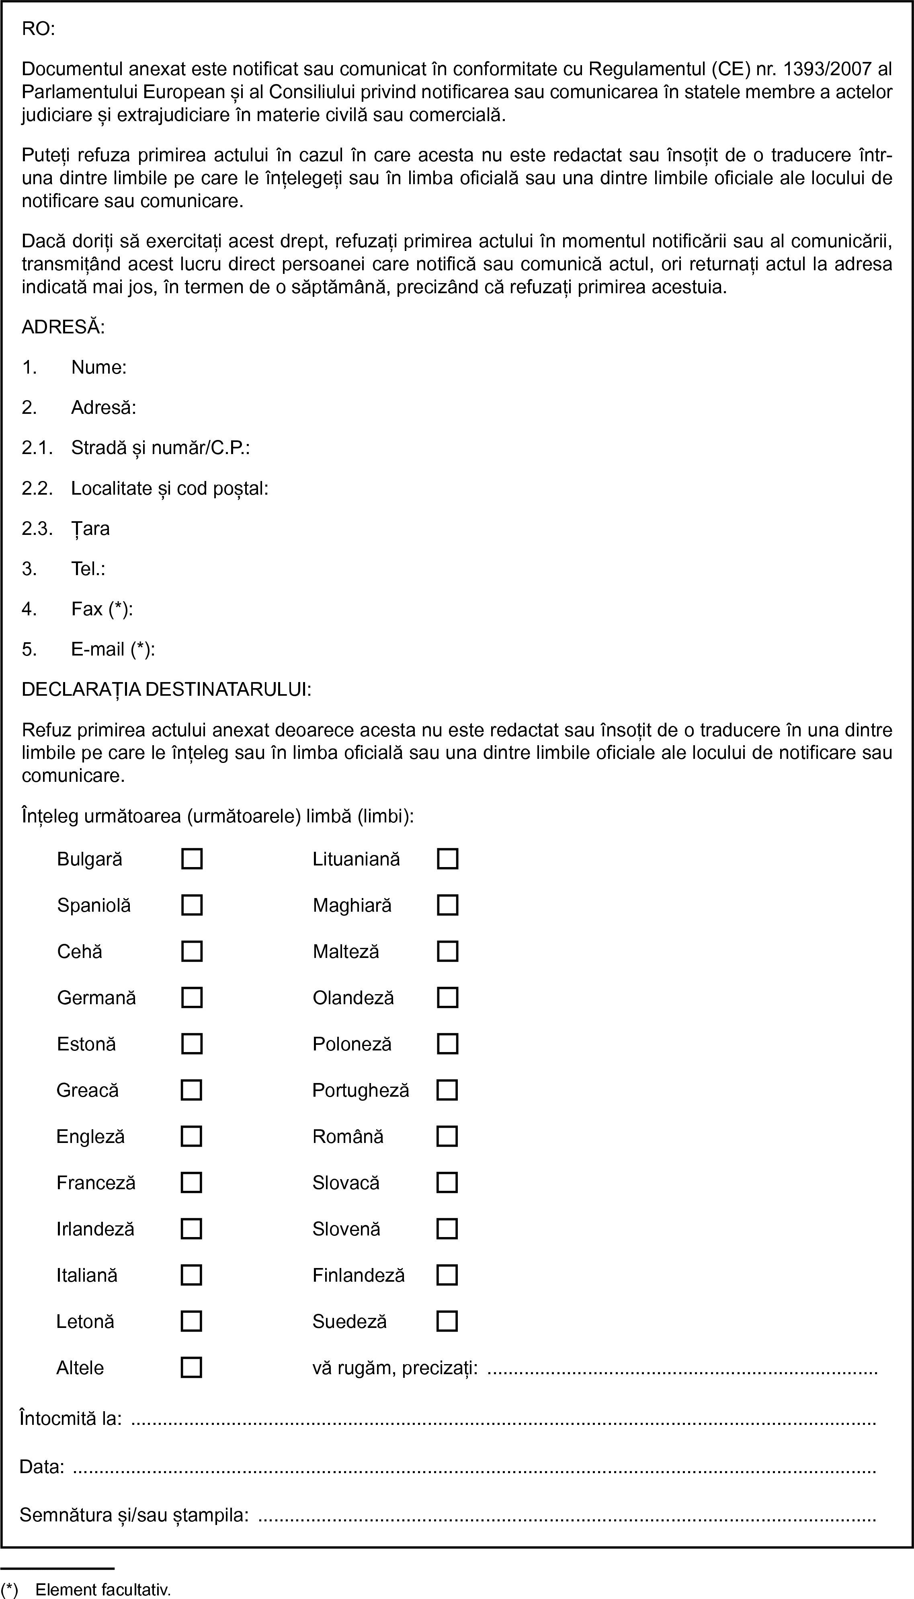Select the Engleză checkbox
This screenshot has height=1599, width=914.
click(x=191, y=1136)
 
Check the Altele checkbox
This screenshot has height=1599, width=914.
click(x=191, y=1367)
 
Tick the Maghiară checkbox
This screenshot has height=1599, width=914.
click(x=447, y=905)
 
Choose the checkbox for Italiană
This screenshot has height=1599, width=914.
click(x=191, y=1275)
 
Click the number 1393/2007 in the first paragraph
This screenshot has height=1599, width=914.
click(x=826, y=68)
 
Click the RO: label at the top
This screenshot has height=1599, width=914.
click(x=38, y=29)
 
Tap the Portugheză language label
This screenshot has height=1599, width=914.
click(x=360, y=1090)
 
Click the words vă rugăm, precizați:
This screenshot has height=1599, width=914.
click(x=395, y=1367)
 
